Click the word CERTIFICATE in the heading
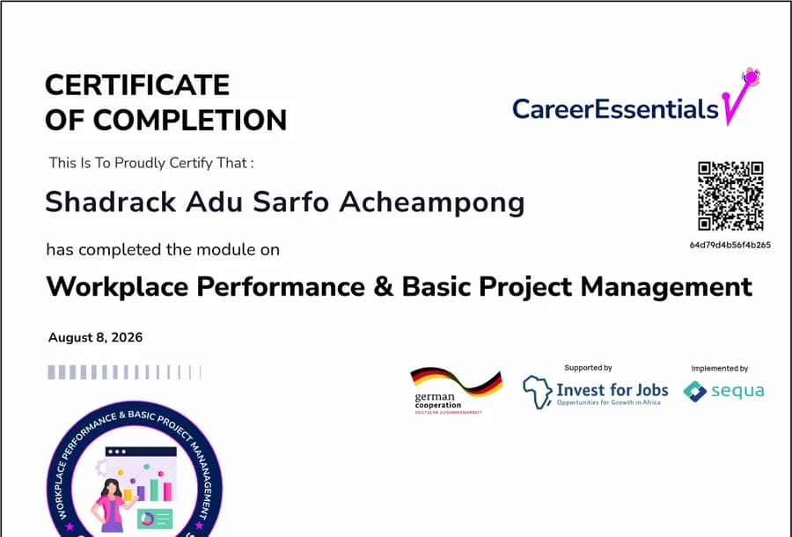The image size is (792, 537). pyautogui.click(x=137, y=85)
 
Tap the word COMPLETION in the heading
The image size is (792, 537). pyautogui.click(x=190, y=121)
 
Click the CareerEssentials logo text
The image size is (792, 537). pyautogui.click(x=615, y=108)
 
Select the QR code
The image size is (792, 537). pyautogui.click(x=730, y=196)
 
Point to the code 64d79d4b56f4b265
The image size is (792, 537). pyautogui.click(x=730, y=245)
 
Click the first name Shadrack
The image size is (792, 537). pyautogui.click(x=110, y=202)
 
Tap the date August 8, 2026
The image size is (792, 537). pyautogui.click(x=95, y=337)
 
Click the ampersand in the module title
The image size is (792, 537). pyautogui.click(x=384, y=286)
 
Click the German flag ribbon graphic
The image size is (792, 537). pyautogui.click(x=457, y=380)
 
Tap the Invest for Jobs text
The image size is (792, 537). pyautogui.click(x=612, y=390)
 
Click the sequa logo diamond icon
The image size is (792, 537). pyautogui.click(x=695, y=392)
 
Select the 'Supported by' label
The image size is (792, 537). pyautogui.click(x=588, y=368)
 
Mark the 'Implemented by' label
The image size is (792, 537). pyautogui.click(x=719, y=369)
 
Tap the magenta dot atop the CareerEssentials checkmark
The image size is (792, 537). pyautogui.click(x=751, y=77)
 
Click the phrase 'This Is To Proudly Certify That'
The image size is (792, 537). pyautogui.click(x=148, y=163)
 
